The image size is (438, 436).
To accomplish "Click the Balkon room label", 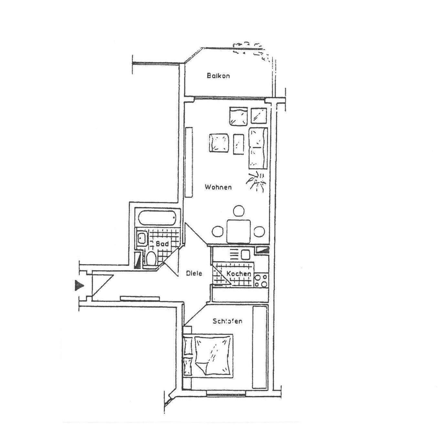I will click(218, 76).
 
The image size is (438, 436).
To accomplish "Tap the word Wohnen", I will click(218, 187).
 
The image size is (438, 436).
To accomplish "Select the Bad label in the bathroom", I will click(162, 244).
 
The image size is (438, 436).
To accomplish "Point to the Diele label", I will click(194, 273).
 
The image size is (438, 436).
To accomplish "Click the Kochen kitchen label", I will click(239, 274).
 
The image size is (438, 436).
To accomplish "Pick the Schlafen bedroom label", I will click(228, 321).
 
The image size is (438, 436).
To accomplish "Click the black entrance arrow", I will click(79, 285).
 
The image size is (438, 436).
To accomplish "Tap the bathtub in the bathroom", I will click(157, 219).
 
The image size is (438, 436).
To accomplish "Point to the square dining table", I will click(239, 231).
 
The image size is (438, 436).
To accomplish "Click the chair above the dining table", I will click(239, 211).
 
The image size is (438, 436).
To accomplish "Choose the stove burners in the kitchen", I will click(261, 281).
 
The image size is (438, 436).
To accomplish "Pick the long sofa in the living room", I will click(258, 148).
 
